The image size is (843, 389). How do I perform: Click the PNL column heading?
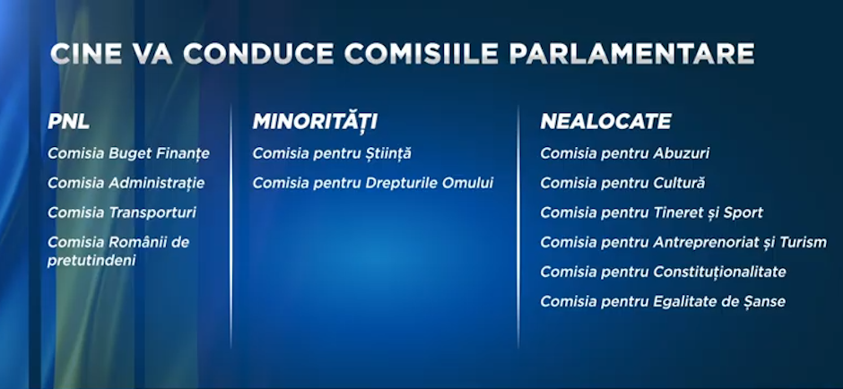click(69, 122)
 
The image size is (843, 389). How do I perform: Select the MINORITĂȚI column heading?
click(315, 121)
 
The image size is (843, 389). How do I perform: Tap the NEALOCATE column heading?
click(606, 121)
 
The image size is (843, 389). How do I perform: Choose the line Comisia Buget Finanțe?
click(128, 153)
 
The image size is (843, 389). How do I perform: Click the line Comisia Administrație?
click(126, 183)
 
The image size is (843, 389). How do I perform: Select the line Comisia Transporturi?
click(122, 212)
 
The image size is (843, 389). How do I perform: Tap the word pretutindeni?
click(91, 261)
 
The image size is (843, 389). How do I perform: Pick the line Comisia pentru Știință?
click(332, 153)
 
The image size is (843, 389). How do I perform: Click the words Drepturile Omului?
click(429, 183)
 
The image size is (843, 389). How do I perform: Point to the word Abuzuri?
click(682, 153)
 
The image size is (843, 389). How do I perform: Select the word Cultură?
click(679, 183)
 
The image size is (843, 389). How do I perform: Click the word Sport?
click(743, 212)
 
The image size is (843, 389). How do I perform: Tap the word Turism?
click(802, 242)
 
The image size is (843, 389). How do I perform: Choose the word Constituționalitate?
click(719, 272)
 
